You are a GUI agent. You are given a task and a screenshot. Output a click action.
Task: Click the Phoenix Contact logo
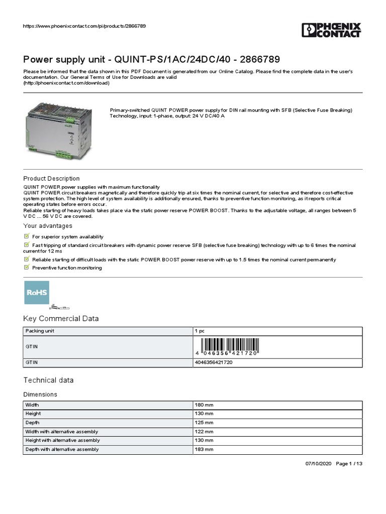point(331,30)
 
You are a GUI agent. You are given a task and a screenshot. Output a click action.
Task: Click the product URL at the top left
point(85,26)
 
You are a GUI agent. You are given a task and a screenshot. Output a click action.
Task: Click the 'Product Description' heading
point(51,178)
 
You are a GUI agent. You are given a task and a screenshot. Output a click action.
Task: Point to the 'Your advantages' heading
point(48,226)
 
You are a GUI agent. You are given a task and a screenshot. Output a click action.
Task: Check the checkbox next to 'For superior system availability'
point(27,236)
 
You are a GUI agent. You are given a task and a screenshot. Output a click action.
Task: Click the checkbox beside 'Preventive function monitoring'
point(27,268)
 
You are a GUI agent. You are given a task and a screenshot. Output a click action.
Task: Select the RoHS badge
point(37,293)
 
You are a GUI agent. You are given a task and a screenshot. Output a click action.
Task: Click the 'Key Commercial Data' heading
point(61,319)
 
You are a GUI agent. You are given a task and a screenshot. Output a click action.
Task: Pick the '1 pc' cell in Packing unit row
point(200,331)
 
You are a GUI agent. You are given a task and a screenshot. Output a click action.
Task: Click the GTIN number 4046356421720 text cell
point(213,362)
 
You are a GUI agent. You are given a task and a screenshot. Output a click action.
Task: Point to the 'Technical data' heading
point(49,380)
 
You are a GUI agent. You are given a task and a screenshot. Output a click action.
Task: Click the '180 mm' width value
point(205,405)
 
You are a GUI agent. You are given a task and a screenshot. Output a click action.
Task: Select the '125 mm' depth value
point(205,423)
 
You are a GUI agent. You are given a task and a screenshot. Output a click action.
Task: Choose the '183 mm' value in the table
point(205,449)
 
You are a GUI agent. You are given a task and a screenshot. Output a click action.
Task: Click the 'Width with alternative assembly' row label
point(62,432)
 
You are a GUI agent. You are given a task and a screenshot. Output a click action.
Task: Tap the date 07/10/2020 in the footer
point(318,463)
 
